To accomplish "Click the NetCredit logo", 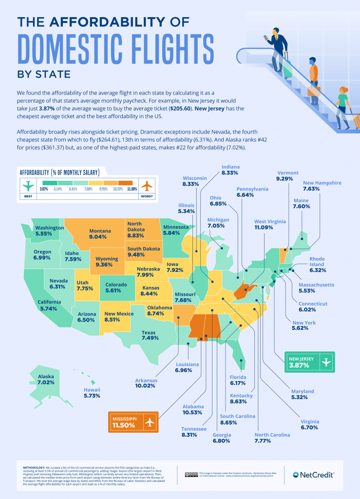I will click(x=313, y=474).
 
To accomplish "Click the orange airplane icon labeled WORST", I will click(x=146, y=186).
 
